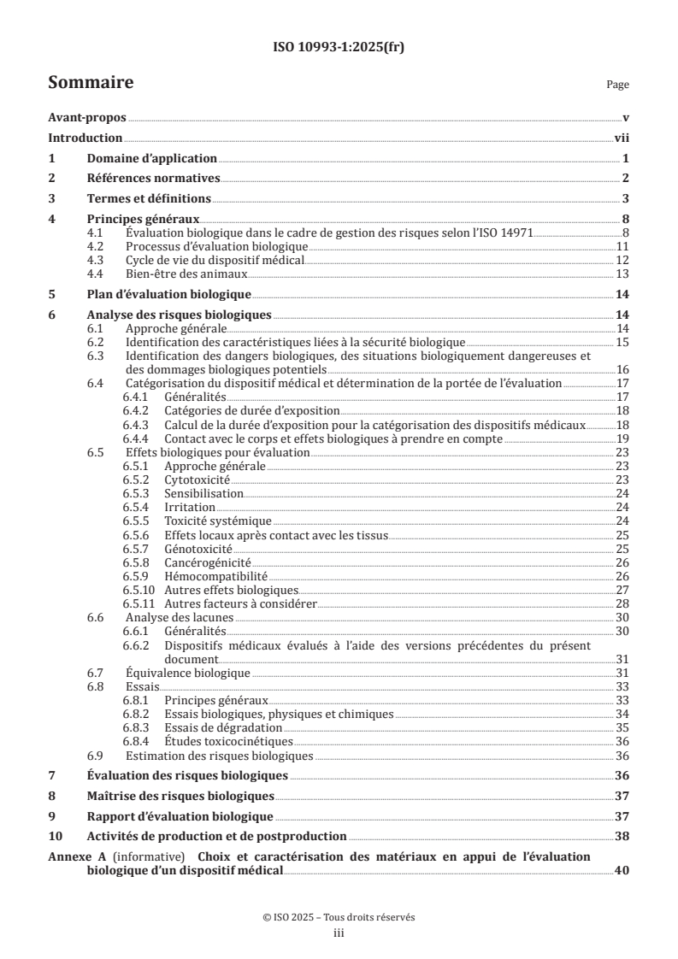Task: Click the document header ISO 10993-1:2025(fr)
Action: [339, 48]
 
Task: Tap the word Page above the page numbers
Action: [617, 85]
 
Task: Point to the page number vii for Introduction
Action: [622, 138]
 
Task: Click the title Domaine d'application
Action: [151, 158]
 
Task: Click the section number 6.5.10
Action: [139, 590]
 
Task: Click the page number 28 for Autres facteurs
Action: [622, 603]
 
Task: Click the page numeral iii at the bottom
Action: [339, 933]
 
